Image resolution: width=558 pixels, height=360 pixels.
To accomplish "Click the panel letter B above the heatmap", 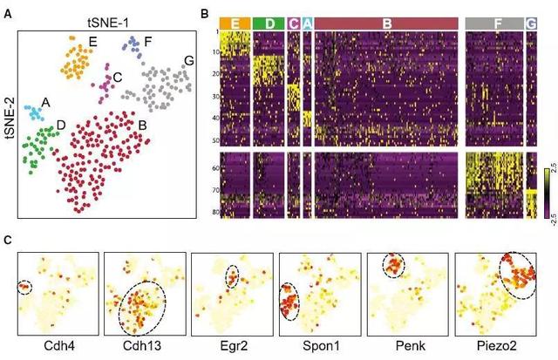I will (205, 15).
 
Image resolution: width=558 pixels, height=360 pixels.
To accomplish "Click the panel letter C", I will (8, 240).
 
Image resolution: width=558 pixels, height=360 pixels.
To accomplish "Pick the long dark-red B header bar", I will (385, 22).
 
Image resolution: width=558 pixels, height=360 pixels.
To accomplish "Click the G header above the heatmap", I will (531, 22).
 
